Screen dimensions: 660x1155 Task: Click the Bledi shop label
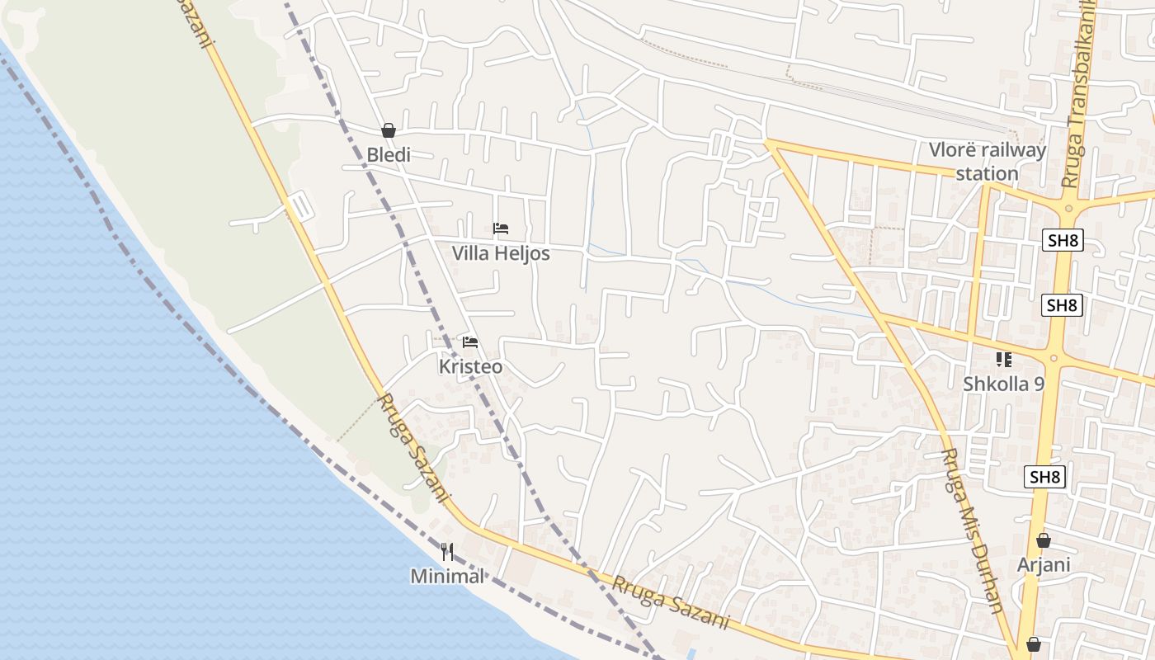point(389,154)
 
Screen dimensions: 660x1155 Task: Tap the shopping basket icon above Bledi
point(389,130)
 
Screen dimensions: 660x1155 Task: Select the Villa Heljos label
point(501,253)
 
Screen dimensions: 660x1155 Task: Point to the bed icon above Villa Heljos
point(501,229)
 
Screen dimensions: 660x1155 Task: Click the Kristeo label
point(470,366)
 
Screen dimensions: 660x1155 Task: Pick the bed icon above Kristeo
point(470,342)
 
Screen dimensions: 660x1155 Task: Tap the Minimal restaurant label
point(447,576)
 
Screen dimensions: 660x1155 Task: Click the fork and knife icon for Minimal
point(447,552)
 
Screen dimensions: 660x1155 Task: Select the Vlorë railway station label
point(988,162)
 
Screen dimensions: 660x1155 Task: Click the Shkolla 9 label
point(1004,384)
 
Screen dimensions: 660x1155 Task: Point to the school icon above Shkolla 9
point(1004,359)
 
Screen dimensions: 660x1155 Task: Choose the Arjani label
point(1044,564)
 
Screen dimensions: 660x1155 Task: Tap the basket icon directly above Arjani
point(1044,540)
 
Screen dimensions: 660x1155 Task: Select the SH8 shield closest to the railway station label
point(1063,241)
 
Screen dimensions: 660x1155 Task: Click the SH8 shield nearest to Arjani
point(1045,477)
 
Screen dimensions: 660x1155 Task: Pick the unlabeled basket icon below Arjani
point(1034,644)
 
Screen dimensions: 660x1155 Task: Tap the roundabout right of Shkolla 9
point(1053,358)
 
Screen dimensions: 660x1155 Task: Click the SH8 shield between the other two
point(1063,305)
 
